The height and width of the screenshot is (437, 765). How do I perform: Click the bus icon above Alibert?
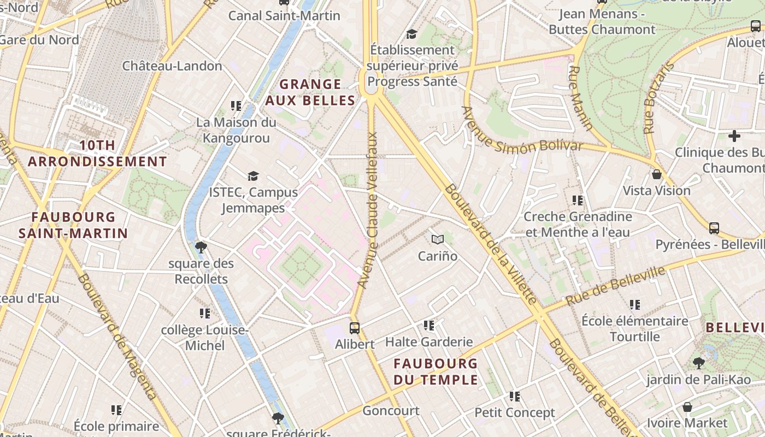tap(355, 328)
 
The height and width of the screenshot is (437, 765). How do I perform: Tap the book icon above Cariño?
tap(437, 239)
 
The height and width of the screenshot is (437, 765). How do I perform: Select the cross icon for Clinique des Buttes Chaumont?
tap(734, 136)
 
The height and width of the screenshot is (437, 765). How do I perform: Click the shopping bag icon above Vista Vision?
tap(657, 174)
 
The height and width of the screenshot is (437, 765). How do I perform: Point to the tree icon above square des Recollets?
tap(201, 247)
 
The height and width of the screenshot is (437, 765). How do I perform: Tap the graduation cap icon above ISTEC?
tap(253, 176)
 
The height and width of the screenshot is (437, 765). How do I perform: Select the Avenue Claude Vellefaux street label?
tap(368, 210)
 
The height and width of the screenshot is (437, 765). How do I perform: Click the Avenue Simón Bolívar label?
tap(522, 132)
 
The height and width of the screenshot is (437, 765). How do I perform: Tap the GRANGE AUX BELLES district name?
tap(310, 92)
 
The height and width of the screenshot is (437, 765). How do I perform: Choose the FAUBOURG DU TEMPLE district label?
tap(436, 371)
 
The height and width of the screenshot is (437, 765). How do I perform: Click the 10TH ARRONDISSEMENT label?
tap(97, 153)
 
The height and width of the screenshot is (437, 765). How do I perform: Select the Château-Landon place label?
tap(172, 66)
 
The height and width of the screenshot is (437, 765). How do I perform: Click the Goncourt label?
tap(391, 411)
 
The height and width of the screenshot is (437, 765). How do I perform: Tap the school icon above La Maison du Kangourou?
tap(236, 105)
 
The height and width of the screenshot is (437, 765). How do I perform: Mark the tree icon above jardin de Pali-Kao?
tap(698, 363)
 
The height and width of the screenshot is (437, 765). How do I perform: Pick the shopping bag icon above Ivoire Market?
tap(687, 407)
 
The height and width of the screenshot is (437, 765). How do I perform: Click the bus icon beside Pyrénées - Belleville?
tap(714, 228)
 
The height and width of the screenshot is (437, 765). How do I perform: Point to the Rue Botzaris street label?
tap(658, 98)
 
